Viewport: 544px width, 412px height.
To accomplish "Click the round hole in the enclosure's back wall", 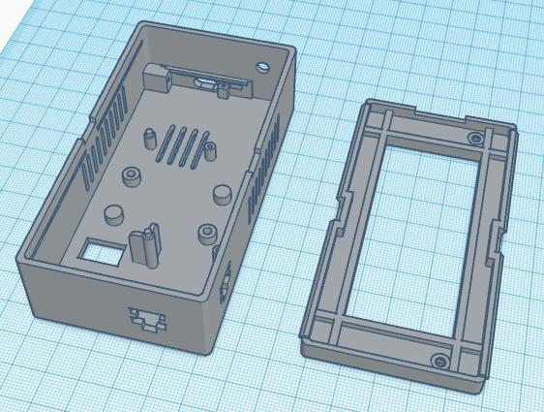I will pos(264,66).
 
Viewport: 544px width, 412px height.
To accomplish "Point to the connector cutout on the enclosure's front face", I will pos(146,317).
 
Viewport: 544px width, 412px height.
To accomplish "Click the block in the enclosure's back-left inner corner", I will pos(154,75).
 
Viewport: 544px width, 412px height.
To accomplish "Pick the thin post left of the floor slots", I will pos(152,139).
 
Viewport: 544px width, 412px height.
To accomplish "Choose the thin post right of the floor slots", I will pos(208,151).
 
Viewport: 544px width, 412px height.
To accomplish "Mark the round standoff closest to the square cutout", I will pos(114,212).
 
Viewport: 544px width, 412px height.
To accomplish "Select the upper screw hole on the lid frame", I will pos(473,140).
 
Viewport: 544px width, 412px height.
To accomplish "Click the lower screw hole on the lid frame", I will pos(441,362).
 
